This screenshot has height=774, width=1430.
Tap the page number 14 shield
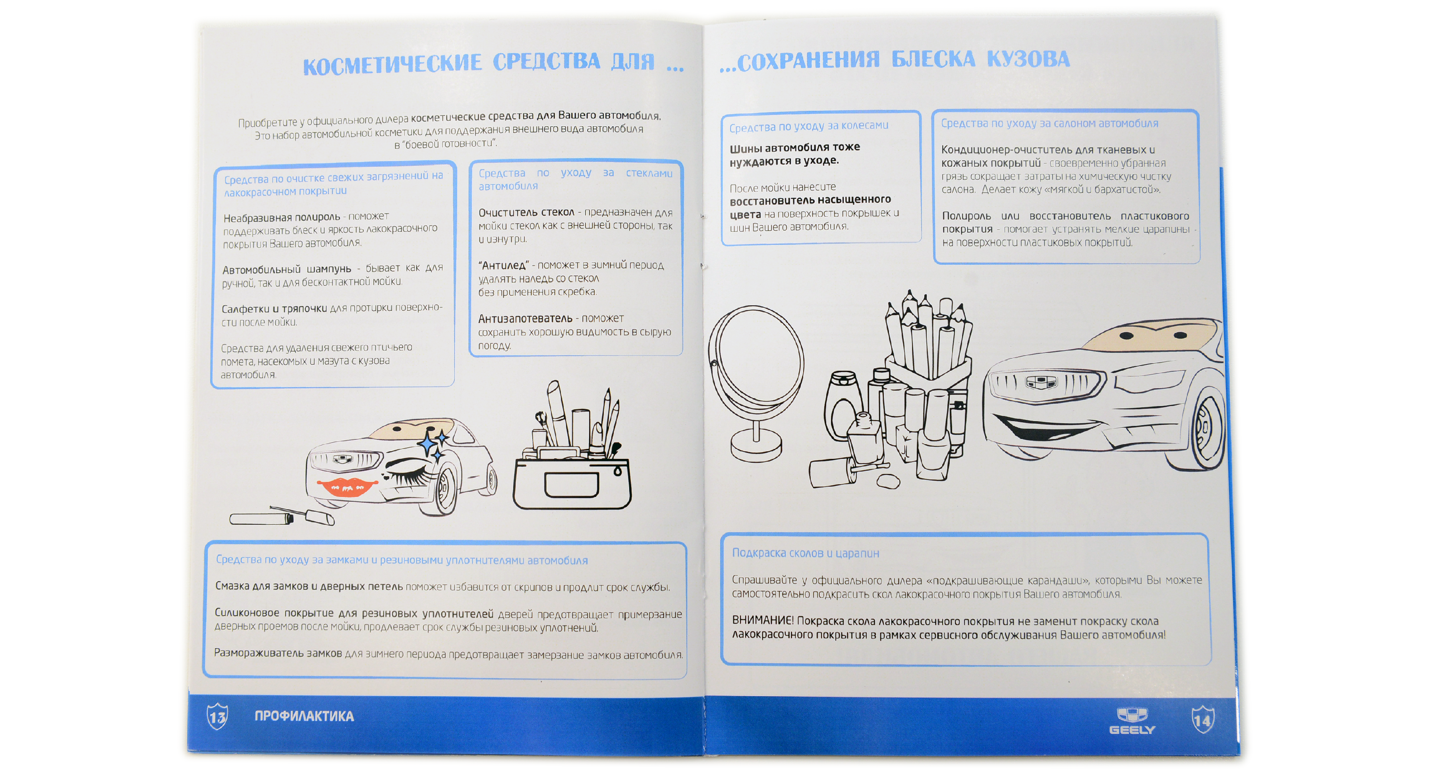click(1203, 720)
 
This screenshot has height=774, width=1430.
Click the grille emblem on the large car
click(1041, 382)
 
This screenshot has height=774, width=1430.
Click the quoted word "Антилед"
click(504, 265)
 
